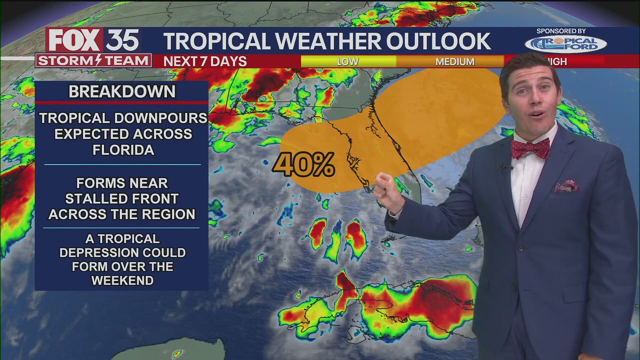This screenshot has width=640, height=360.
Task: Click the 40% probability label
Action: pyautogui.click(x=303, y=164)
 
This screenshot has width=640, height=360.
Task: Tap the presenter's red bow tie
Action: pyautogui.click(x=530, y=148)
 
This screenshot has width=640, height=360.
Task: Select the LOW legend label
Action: pyautogui.click(x=347, y=61)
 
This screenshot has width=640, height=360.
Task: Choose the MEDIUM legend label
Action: pyautogui.click(x=454, y=61)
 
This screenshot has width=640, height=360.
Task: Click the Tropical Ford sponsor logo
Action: pyautogui.click(x=565, y=44)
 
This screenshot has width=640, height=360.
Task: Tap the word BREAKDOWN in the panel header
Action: pyautogui.click(x=122, y=91)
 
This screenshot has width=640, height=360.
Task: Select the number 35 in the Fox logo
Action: pyautogui.click(x=122, y=40)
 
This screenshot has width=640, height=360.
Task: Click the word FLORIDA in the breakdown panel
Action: pyautogui.click(x=123, y=149)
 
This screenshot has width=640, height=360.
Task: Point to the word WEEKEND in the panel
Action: pyautogui.click(x=122, y=280)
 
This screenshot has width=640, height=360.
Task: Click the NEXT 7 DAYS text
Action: pyautogui.click(x=205, y=61)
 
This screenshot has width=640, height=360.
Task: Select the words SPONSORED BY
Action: pyautogui.click(x=561, y=31)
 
